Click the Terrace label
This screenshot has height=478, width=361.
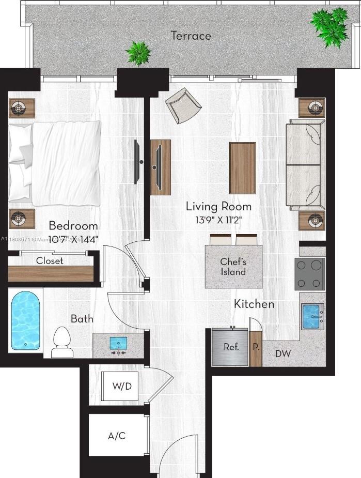click(x=191, y=36)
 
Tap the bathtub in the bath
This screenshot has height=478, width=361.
click(x=26, y=320)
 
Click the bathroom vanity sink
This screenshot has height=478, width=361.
click(x=118, y=344)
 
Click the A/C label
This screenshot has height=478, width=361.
click(x=117, y=436)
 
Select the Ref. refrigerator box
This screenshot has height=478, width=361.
click(x=231, y=347)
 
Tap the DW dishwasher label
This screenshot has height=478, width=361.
click(x=282, y=354)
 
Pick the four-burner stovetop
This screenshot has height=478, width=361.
click(x=309, y=274)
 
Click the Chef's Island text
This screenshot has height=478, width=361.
click(x=233, y=267)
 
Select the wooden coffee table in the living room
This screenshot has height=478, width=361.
click(x=243, y=168)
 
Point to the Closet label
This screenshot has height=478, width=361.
click(x=50, y=261)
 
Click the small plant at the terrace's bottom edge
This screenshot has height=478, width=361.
click(x=139, y=52)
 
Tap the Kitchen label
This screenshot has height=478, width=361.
click(x=254, y=304)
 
